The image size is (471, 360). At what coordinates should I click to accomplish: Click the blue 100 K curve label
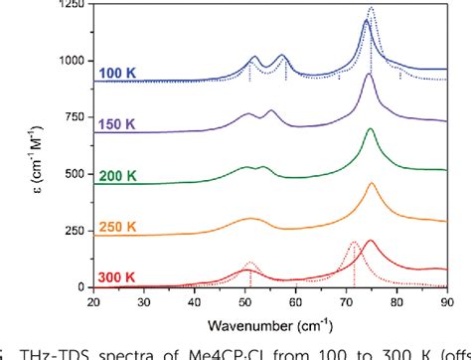coord(117,73)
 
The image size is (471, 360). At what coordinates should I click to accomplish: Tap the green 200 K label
coord(118,175)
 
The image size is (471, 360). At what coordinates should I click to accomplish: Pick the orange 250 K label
coord(118,227)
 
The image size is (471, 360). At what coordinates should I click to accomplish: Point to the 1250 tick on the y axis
coord(70,6)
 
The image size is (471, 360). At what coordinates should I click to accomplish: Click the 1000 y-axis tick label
coord(70,62)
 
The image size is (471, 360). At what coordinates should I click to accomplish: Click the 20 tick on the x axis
coord(93,300)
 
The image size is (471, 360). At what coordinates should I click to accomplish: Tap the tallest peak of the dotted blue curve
coord(372,10)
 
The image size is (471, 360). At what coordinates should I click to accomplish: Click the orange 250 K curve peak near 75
coord(372,184)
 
